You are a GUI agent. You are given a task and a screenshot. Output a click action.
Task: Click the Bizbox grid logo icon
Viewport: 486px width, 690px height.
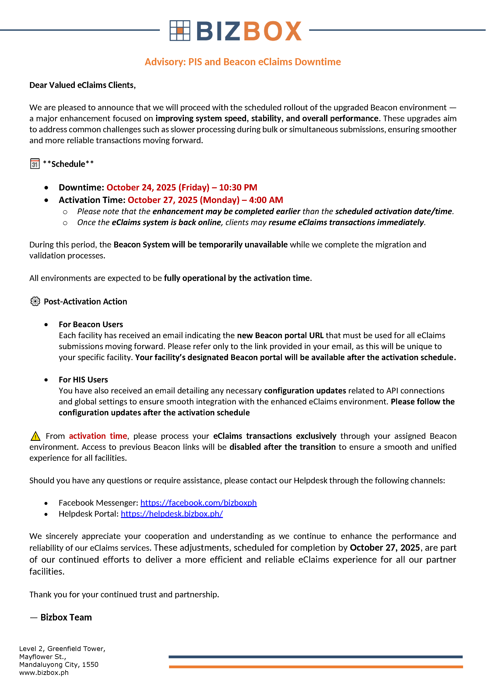point(180,30)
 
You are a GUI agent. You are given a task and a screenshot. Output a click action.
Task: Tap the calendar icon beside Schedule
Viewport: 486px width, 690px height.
point(35,164)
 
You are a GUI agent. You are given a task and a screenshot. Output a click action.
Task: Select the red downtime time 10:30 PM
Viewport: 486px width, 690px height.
point(238,187)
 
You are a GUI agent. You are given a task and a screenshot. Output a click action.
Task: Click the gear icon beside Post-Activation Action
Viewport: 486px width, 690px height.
point(35,302)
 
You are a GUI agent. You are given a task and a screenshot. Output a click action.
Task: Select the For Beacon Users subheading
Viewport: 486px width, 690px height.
point(91,325)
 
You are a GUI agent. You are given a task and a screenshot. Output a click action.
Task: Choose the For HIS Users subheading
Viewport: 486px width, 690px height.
point(83,380)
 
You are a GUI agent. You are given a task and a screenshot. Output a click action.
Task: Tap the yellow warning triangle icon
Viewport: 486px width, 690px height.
point(35,436)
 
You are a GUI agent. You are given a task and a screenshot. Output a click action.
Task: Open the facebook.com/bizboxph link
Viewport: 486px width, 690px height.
point(198,503)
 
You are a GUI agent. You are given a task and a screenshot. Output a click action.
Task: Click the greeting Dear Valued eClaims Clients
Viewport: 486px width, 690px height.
point(82,85)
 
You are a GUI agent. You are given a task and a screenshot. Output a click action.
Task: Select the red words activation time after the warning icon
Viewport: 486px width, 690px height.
point(98,436)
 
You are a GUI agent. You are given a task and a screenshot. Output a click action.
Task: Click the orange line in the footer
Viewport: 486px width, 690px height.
point(316,667)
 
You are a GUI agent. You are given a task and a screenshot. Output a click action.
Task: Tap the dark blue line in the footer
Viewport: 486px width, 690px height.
point(316,657)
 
